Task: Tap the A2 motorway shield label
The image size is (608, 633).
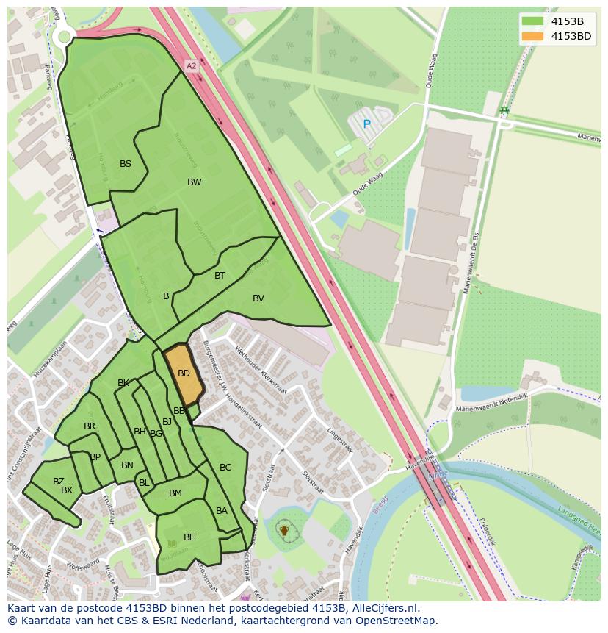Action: tap(192, 66)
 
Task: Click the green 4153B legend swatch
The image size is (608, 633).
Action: tap(532, 21)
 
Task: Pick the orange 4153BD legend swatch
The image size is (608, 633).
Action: tap(532, 36)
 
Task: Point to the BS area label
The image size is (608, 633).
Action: tap(126, 164)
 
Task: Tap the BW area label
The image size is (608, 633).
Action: tap(194, 182)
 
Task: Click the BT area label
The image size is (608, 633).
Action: tap(220, 276)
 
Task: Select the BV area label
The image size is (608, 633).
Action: tap(258, 298)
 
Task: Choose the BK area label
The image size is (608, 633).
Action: tap(123, 383)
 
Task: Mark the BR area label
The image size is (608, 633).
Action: tap(90, 426)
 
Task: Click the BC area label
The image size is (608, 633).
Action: tap(225, 468)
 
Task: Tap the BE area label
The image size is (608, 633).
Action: tap(189, 537)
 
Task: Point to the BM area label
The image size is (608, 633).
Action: tap(175, 493)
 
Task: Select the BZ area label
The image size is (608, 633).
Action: tap(59, 482)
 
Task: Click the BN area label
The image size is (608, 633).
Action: tap(127, 465)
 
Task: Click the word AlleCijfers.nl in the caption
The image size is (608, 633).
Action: tap(381, 608)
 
